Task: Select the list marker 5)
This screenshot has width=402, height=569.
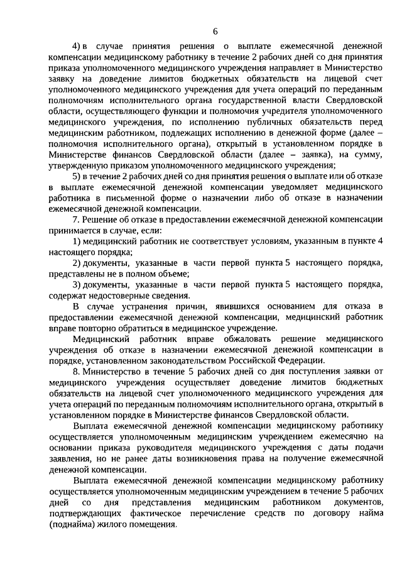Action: pos(77,175)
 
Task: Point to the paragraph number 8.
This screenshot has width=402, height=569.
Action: pos(76,371)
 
